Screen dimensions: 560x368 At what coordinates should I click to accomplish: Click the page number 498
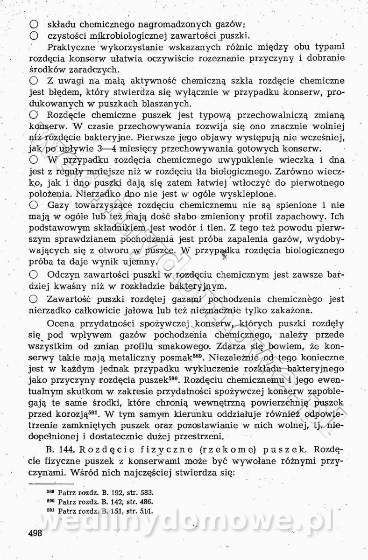[x=35, y=533]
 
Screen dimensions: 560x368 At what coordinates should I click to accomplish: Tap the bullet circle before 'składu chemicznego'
[x=33, y=24]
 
